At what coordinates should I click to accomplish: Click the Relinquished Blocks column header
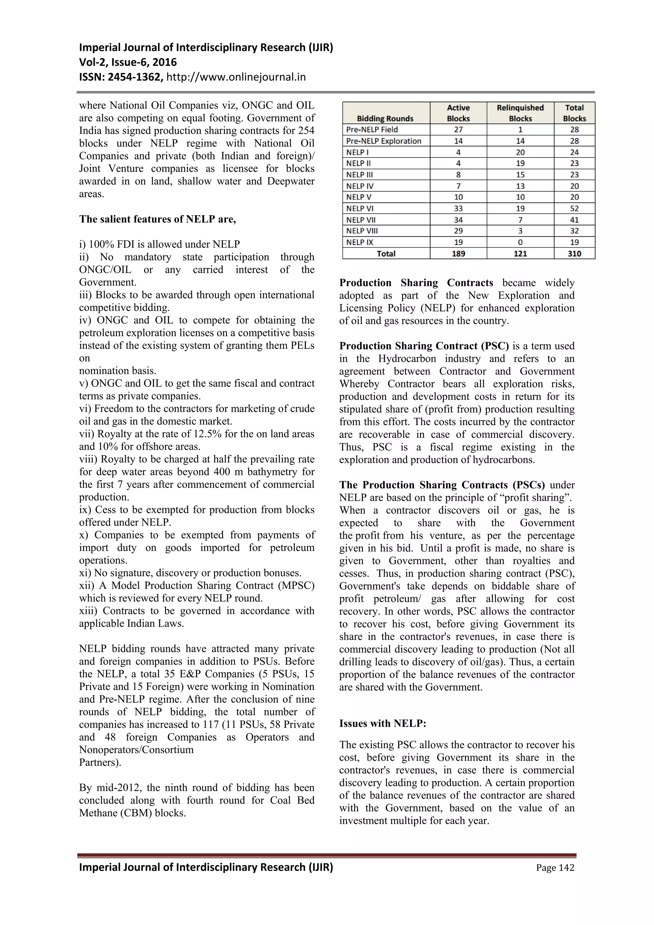coord(520,113)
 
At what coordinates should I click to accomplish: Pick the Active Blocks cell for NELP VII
coord(458,220)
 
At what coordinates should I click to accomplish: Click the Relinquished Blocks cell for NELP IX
coord(520,242)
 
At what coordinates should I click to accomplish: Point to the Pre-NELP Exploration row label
coord(384,141)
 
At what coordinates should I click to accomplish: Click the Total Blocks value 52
coord(574,208)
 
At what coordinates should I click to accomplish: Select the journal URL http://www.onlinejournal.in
coord(236,77)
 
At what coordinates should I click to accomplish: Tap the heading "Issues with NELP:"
coord(383,723)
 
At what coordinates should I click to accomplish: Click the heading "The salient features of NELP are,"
coord(157,219)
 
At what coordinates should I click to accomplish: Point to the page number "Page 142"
coord(555,868)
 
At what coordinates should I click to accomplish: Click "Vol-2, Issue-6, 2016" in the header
coord(128,62)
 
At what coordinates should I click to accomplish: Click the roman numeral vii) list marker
coord(87,434)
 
